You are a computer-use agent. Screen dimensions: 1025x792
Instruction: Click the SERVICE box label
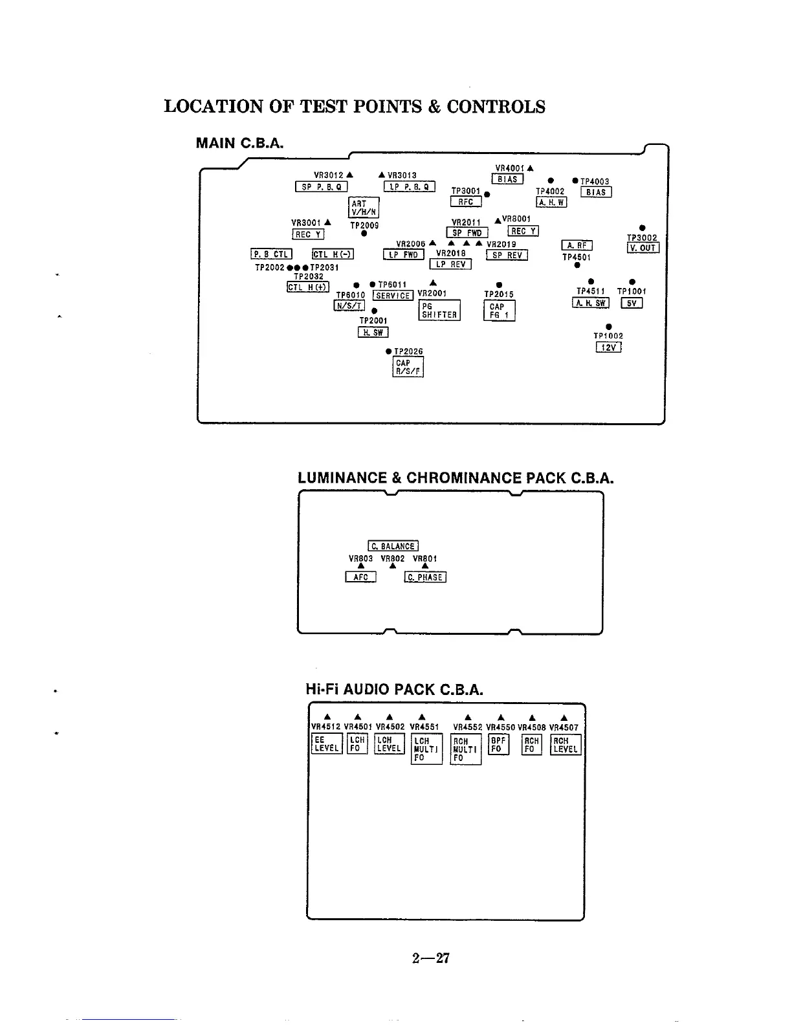(x=393, y=296)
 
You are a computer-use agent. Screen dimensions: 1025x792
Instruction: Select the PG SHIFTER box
(x=439, y=311)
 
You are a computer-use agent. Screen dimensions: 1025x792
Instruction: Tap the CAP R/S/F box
(x=408, y=368)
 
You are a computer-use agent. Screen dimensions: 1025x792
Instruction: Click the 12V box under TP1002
(x=608, y=347)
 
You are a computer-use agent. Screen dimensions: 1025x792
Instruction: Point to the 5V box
(x=632, y=303)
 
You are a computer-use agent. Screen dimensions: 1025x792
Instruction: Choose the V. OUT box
(x=643, y=248)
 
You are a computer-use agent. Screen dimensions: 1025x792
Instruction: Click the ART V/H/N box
(x=364, y=208)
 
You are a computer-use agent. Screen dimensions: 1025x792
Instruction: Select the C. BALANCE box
(x=393, y=546)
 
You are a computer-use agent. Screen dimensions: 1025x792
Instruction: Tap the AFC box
(x=360, y=577)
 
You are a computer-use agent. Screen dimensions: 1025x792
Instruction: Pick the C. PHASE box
(x=425, y=577)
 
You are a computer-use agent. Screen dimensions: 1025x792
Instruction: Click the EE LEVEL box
(x=326, y=744)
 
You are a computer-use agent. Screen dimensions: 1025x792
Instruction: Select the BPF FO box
(x=498, y=744)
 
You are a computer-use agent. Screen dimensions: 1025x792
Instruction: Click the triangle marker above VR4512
(x=327, y=716)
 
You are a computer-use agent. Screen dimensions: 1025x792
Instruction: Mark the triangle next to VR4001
(x=530, y=169)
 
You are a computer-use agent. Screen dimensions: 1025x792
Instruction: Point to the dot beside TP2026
(x=388, y=351)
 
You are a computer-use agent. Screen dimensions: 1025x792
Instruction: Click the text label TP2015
(x=499, y=294)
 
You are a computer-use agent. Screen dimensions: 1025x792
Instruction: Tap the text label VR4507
(x=564, y=727)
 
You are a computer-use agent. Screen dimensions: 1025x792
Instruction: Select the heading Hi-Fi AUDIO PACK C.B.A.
(x=394, y=689)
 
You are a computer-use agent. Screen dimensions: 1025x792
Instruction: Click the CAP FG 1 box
(x=499, y=311)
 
